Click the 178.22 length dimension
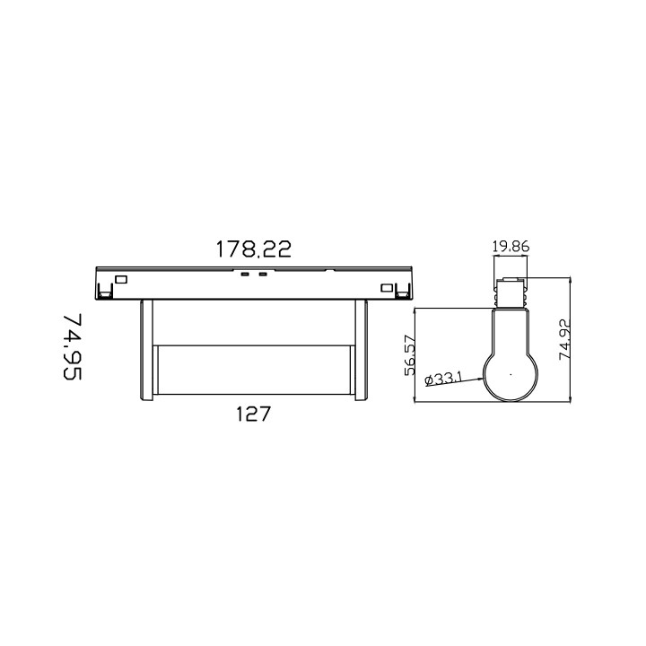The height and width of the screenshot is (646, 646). [x=253, y=249]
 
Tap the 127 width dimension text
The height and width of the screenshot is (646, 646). [x=253, y=415]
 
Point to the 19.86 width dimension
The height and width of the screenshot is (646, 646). [x=510, y=247]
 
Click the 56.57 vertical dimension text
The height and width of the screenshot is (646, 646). [x=410, y=354]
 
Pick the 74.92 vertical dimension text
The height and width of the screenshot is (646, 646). [x=564, y=340]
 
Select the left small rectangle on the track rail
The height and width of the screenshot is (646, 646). [x=122, y=279]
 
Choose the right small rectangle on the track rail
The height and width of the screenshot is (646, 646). [x=387, y=287]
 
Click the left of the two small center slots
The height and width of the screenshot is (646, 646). [x=244, y=274]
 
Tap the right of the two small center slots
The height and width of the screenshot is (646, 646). [x=262, y=274]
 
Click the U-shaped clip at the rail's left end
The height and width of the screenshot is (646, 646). [x=105, y=290]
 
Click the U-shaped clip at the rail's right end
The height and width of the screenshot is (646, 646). [x=403, y=290]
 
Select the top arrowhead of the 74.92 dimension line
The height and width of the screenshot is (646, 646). [x=572, y=281]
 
